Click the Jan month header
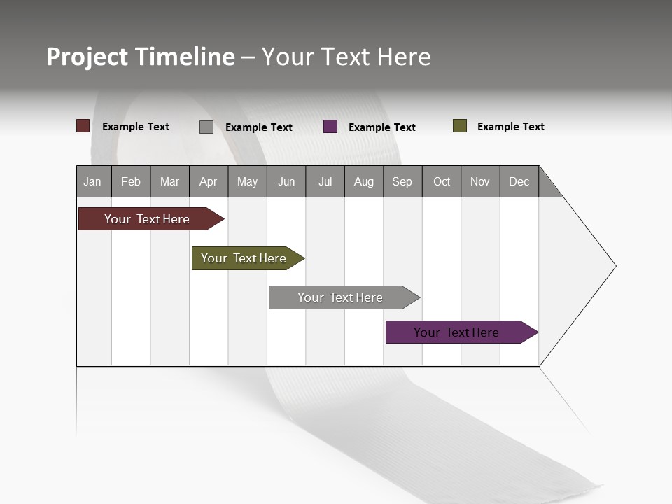pos(92,181)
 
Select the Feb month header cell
pos(131,181)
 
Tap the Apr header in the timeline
pos(208,181)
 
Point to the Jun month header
pos(286,181)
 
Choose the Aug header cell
pos(363,181)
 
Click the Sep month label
pos(402,181)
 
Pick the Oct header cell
pos(442,181)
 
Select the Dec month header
pos(519,181)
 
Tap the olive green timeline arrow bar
pos(245,258)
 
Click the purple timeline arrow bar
pos(458,332)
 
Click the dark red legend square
pos(83,126)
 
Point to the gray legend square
pos(206,127)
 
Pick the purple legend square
pos(330,127)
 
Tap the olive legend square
pos(460,126)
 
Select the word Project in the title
pos(87,57)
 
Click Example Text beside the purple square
pos(381,127)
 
